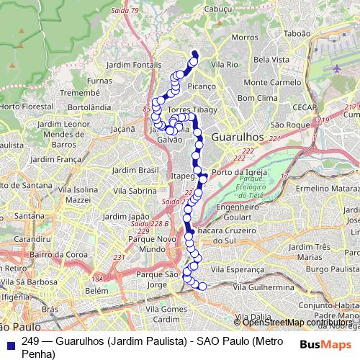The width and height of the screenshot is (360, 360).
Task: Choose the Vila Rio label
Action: pyautogui.click(x=224, y=64)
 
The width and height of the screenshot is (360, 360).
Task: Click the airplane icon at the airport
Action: pyautogui.click(x=338, y=68)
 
